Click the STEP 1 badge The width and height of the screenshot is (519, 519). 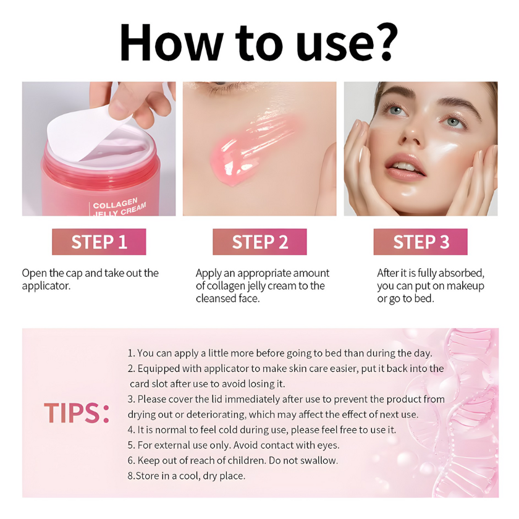[x=99, y=242]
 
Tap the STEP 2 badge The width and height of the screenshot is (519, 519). [x=259, y=242]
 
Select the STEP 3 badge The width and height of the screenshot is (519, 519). [x=420, y=242]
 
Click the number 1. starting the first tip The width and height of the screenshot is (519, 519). [x=131, y=353]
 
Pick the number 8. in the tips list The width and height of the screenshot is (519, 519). [x=131, y=476]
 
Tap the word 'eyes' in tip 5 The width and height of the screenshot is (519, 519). [x=327, y=445]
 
